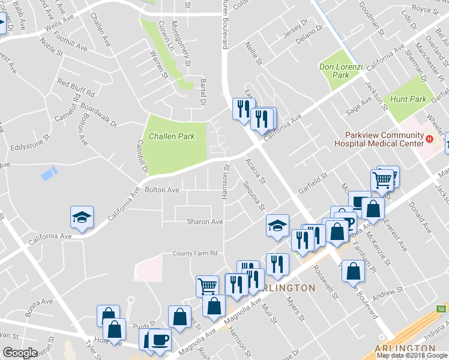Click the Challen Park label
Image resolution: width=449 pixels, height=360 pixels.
pyautogui.click(x=172, y=136)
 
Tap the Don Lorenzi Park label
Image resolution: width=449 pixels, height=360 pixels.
pyautogui.click(x=334, y=71)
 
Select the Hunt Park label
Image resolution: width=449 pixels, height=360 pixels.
pyautogui.click(x=408, y=99)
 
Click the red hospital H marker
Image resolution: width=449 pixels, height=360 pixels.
pyautogui.click(x=429, y=139)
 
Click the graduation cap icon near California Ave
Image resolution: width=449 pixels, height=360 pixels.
pyautogui.click(x=82, y=217)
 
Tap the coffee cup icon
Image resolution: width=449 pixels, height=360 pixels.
pyautogui.click(x=160, y=340)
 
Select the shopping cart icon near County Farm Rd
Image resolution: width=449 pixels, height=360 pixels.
pyautogui.click(x=207, y=286)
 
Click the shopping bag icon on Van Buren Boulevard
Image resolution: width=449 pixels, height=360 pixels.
pyautogui.click(x=354, y=271)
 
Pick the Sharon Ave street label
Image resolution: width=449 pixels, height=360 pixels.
pyautogui.click(x=205, y=221)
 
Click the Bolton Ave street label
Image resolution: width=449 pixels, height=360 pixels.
pyautogui.click(x=162, y=190)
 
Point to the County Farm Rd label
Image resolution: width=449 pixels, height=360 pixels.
pyautogui.click(x=194, y=253)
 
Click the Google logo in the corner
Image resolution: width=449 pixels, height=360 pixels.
pyautogui.click(x=20, y=352)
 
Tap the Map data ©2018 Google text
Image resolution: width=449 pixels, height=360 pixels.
pyautogui.click(x=412, y=355)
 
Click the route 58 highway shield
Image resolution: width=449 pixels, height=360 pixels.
pyautogui.click(x=442, y=309)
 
